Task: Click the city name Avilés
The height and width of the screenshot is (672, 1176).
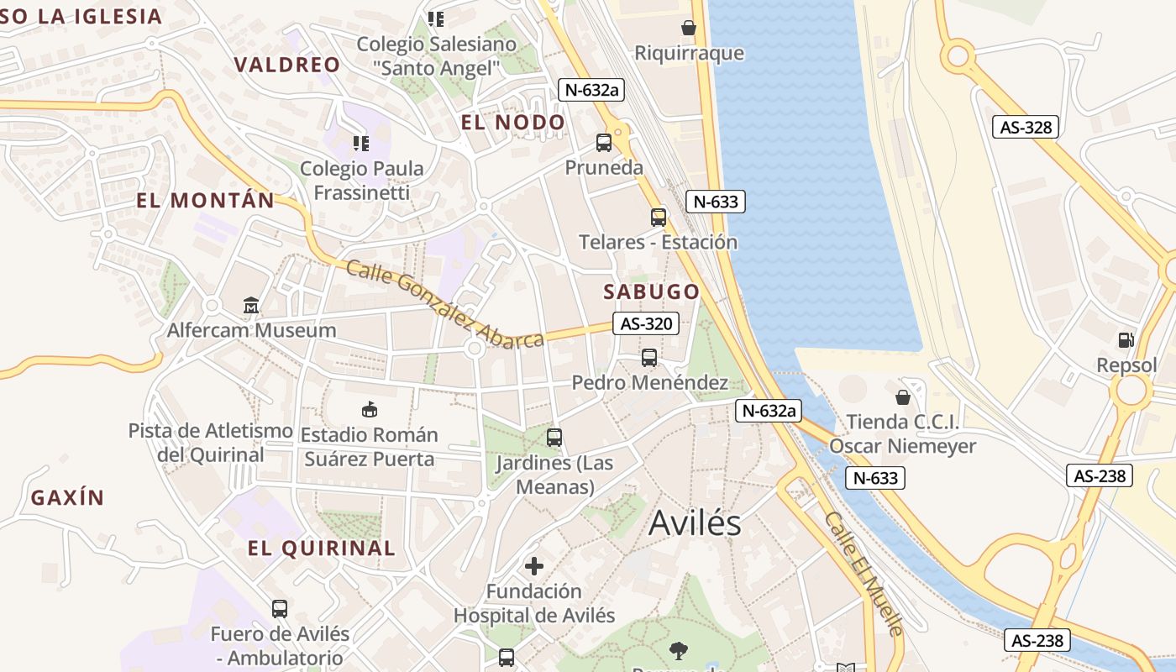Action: [x=695, y=523]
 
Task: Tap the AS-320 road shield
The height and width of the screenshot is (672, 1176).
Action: [x=645, y=323]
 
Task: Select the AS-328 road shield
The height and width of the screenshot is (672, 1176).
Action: [x=1026, y=127]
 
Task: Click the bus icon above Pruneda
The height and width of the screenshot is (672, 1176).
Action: [x=604, y=142]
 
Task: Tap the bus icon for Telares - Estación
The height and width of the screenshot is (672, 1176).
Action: [x=659, y=217]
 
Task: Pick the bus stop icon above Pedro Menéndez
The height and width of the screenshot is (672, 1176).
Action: [x=649, y=357]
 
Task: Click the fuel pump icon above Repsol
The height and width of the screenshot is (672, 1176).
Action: [x=1126, y=340]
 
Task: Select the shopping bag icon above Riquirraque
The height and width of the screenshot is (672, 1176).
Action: [x=689, y=28]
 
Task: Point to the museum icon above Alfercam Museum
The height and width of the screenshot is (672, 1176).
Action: [x=251, y=305]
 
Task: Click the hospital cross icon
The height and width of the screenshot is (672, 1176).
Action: [x=534, y=565]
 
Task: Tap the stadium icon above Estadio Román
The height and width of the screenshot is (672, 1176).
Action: [x=369, y=409]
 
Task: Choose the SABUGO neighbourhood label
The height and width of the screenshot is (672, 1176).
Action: [x=652, y=291]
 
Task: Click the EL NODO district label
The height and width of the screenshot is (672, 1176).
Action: [x=512, y=122]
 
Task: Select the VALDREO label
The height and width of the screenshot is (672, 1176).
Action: [x=287, y=65]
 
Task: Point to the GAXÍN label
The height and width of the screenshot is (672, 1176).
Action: [x=68, y=497]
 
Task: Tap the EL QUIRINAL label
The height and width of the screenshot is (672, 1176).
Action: [x=321, y=548]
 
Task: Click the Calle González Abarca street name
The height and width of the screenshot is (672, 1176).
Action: [x=445, y=304]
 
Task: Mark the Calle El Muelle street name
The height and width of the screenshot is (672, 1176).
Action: [x=864, y=573]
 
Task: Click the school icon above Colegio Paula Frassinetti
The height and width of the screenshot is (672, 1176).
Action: [x=361, y=144]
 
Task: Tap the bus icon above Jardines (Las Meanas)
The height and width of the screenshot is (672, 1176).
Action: [x=554, y=437]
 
